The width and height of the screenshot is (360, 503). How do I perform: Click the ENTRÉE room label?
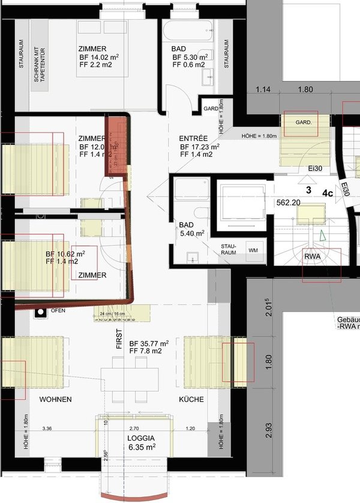click(193, 137)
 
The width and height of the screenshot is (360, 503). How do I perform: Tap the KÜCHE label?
click(191, 399)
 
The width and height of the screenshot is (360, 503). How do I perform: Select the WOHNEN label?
click(56, 399)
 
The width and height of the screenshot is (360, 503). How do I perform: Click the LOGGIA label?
click(142, 438)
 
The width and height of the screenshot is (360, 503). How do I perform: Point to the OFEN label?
click(58, 311)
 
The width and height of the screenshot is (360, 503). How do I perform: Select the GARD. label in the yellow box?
click(304, 122)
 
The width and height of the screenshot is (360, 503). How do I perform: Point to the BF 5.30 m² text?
click(188, 58)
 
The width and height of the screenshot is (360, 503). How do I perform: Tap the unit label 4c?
click(328, 193)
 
